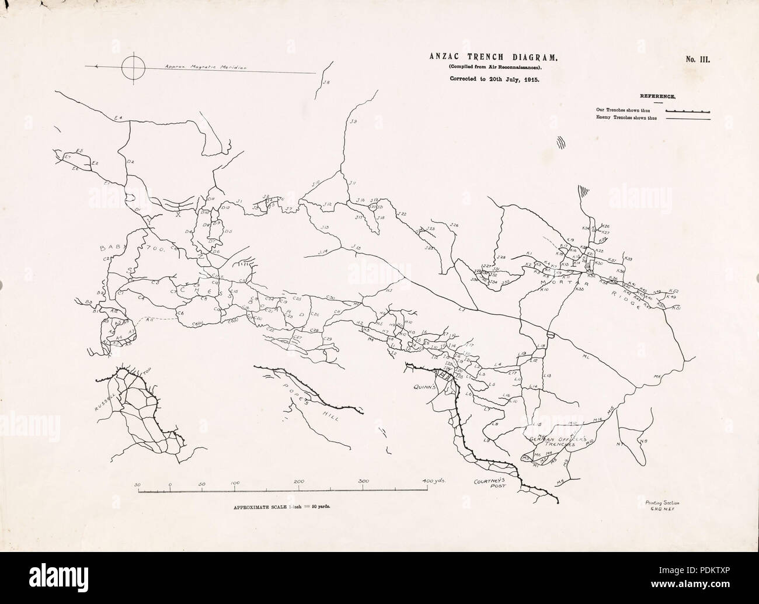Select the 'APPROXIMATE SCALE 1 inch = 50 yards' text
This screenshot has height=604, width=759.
[x=283, y=506]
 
